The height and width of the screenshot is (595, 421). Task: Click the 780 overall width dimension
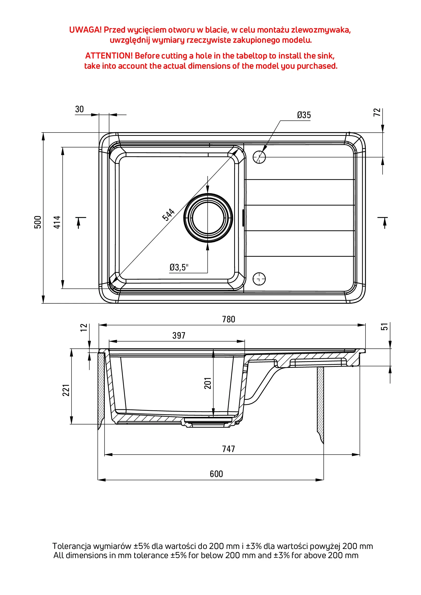click(x=229, y=319)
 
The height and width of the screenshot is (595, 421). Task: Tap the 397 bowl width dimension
click(x=179, y=336)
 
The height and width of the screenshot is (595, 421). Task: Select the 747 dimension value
click(x=229, y=449)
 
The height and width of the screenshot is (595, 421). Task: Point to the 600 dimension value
click(x=216, y=474)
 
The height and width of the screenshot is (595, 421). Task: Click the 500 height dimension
click(x=38, y=222)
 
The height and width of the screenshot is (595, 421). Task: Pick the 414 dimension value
click(x=57, y=222)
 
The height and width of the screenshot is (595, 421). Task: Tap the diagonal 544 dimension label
click(x=168, y=215)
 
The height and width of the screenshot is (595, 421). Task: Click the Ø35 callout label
click(x=304, y=115)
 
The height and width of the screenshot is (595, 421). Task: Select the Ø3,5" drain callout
click(x=179, y=267)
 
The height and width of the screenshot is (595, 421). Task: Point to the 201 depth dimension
click(x=208, y=383)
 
